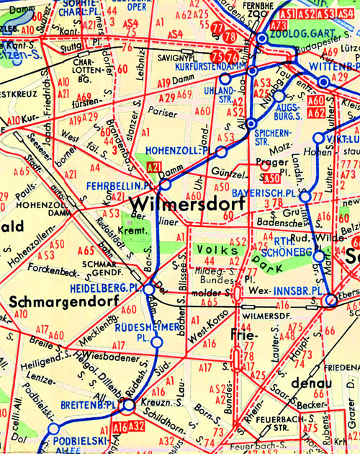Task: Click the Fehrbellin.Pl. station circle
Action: tap(165, 184)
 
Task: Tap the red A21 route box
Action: tap(153, 167)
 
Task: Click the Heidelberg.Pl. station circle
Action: tap(148, 289)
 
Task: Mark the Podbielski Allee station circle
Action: tap(52, 428)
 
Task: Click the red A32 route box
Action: tap(139, 427)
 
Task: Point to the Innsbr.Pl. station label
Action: tap(296, 291)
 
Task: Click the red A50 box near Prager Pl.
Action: tap(271, 177)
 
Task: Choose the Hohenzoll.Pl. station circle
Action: tap(222, 153)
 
